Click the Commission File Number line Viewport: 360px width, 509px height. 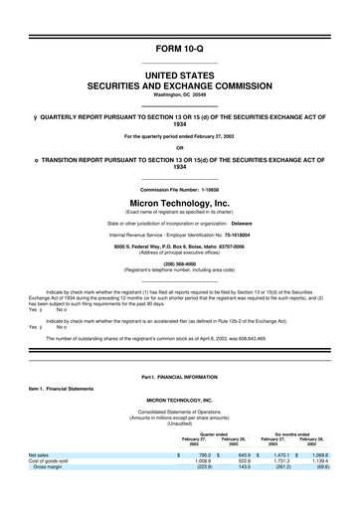[x=180, y=188]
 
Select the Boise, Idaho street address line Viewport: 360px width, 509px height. [x=180, y=249]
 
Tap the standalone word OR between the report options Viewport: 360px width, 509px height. [x=180, y=148]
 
